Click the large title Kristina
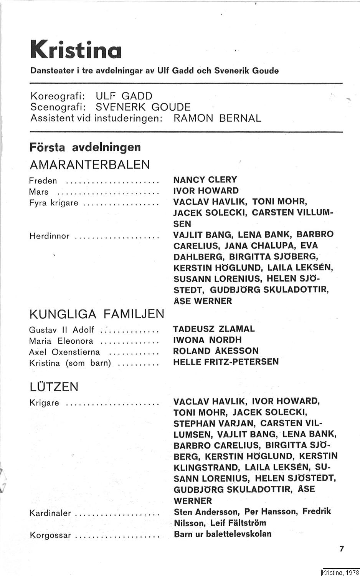click(76, 49)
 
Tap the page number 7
click(342, 549)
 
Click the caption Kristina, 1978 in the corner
click(340, 572)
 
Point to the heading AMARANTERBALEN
click(89, 165)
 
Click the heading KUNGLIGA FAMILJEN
click(97, 314)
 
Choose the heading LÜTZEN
click(54, 387)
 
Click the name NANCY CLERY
click(205, 180)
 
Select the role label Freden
click(43, 180)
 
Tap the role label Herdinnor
click(49, 236)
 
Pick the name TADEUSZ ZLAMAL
click(214, 329)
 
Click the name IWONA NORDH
click(207, 340)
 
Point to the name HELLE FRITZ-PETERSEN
click(226, 362)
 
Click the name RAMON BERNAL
click(217, 118)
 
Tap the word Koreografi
click(57, 96)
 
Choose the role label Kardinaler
click(50, 513)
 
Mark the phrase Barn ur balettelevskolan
click(222, 534)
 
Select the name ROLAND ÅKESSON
click(216, 351)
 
